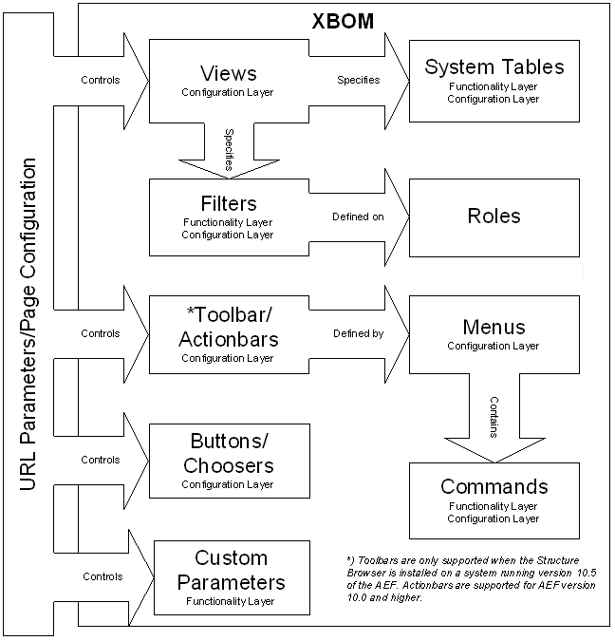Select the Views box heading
pyautogui.click(x=229, y=73)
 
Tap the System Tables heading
pyautogui.click(x=494, y=66)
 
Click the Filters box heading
pyautogui.click(x=229, y=203)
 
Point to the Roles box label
pyautogui.click(x=494, y=216)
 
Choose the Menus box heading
pyautogui.click(x=494, y=328)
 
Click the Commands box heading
pyautogui.click(x=494, y=486)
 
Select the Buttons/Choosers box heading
pyautogui.click(x=229, y=454)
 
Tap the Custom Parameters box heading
pyautogui.click(x=231, y=570)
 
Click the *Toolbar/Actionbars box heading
pyautogui.click(x=229, y=327)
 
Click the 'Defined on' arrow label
pyautogui.click(x=358, y=217)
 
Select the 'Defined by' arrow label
pyautogui.click(x=358, y=333)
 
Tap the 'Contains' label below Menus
pyautogui.click(x=494, y=417)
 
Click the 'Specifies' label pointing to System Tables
pyautogui.click(x=358, y=81)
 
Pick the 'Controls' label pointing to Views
pyautogui.click(x=101, y=81)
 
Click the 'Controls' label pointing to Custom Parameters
pyautogui.click(x=102, y=576)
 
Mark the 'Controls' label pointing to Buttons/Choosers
pyautogui.click(x=101, y=460)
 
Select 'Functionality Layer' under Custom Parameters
pyautogui.click(x=231, y=601)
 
